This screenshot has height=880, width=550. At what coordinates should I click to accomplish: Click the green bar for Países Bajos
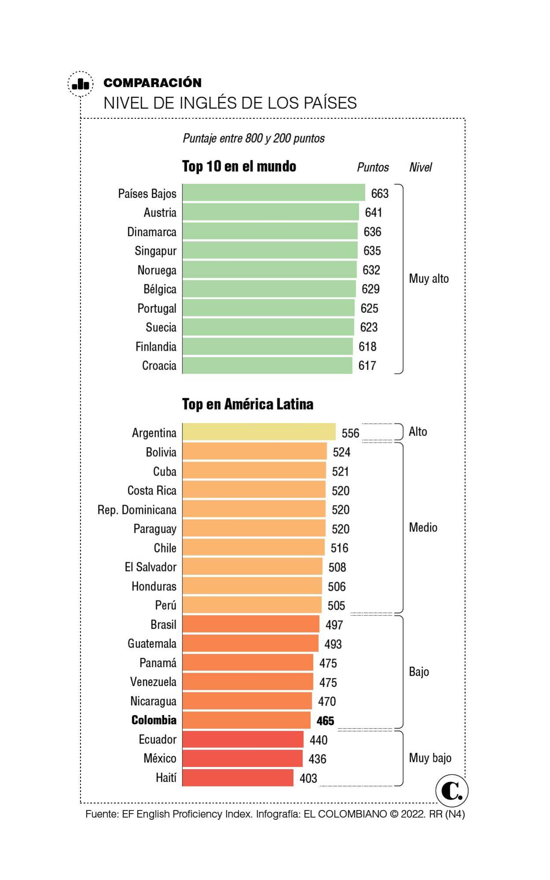273,193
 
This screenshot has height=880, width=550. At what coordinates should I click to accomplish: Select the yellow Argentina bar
259,432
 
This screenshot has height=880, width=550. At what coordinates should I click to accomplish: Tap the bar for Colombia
247,720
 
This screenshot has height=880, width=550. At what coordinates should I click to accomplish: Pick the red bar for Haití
238,778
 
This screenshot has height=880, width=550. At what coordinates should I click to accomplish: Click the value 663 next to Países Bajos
380,194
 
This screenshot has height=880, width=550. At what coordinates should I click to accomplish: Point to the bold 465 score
325,721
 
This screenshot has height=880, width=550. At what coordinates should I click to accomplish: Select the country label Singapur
155,251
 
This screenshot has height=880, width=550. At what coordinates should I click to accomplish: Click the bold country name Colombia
154,720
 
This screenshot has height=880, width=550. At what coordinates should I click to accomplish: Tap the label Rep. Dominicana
137,510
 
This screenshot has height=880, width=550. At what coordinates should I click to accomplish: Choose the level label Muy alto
428,279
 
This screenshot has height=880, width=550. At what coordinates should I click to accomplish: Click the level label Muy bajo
430,758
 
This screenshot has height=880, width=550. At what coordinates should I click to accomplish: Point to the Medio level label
423,528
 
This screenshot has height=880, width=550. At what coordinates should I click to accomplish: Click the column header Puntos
373,167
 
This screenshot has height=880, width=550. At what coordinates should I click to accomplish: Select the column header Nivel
420,167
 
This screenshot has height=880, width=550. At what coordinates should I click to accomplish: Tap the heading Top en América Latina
247,404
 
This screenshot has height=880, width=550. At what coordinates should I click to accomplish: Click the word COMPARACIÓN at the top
152,83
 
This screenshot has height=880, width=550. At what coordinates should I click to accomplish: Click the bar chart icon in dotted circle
81,84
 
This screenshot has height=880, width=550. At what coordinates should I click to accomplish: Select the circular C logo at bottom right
451,791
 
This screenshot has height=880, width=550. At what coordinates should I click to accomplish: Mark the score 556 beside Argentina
351,433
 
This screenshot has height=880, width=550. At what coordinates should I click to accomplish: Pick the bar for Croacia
267,365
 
